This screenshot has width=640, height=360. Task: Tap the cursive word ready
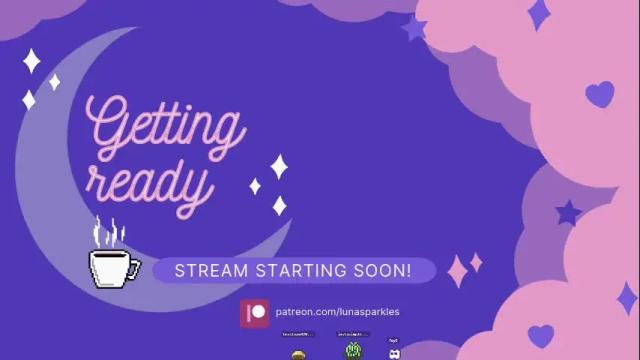point(149,183)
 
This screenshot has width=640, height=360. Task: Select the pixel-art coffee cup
point(112,267)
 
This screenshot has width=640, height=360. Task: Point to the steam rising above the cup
point(109,233)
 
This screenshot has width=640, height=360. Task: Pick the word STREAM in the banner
point(207,271)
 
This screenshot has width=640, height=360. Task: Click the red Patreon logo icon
point(255,312)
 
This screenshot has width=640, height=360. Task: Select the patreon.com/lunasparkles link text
point(337,312)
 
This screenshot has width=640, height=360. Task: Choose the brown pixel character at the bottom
point(297,354)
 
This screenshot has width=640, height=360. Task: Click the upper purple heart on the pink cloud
point(599,94)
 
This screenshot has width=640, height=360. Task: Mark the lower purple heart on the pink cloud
point(541,335)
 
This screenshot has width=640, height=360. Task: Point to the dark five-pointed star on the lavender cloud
point(568,212)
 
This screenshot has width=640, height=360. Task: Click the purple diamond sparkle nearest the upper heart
point(539,14)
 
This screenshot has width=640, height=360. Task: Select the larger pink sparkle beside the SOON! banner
point(458,270)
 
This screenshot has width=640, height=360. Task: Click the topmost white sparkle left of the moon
point(32,61)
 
